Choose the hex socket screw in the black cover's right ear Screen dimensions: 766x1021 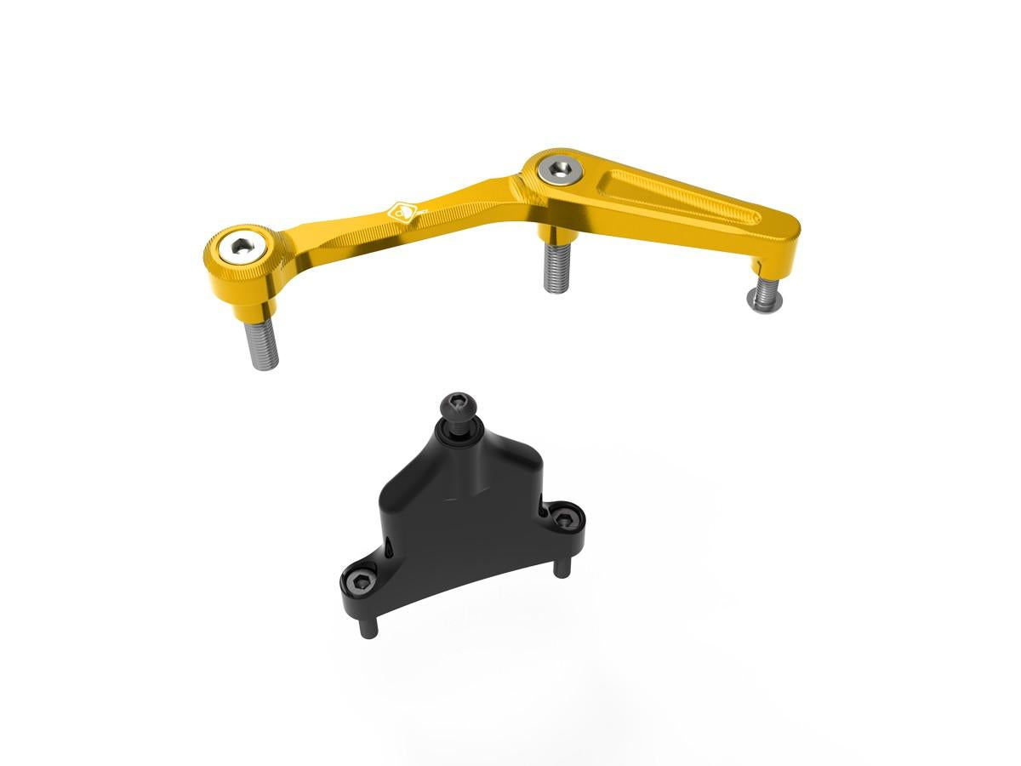[x=562, y=516]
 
